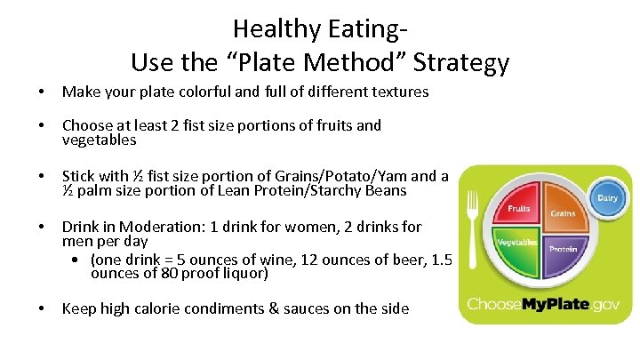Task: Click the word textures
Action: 394,92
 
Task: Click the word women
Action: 317,227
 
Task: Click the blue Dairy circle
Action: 607,198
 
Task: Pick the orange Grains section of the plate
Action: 560,210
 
